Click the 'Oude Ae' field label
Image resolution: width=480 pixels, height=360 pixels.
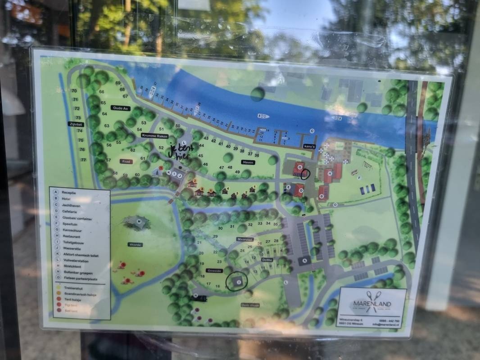(121, 108)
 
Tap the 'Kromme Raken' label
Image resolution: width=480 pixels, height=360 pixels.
(155, 135)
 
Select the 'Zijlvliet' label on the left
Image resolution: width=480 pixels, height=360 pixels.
(76, 123)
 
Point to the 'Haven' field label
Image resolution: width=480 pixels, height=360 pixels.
(248, 162)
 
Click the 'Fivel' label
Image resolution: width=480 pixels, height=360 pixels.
(126, 161)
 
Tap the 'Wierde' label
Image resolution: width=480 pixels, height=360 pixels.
(135, 245)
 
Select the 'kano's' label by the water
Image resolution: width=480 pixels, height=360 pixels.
(308, 147)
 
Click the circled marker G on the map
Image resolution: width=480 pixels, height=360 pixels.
(299, 168)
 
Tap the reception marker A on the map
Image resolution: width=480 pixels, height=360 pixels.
(305, 260)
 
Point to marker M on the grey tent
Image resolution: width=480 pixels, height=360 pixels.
(139, 221)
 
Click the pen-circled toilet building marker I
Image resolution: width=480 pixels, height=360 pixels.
(238, 282)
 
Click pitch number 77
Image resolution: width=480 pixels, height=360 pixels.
(83, 160)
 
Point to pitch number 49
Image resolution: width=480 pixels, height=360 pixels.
(237, 172)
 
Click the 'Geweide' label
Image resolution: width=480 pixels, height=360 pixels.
(214, 270)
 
